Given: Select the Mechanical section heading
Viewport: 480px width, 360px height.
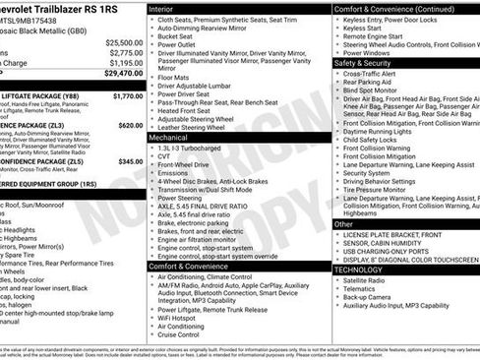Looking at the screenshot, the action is pyautogui.click(x=168, y=139).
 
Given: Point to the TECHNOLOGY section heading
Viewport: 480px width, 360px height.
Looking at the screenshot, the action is pyautogui.click(x=359, y=269).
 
